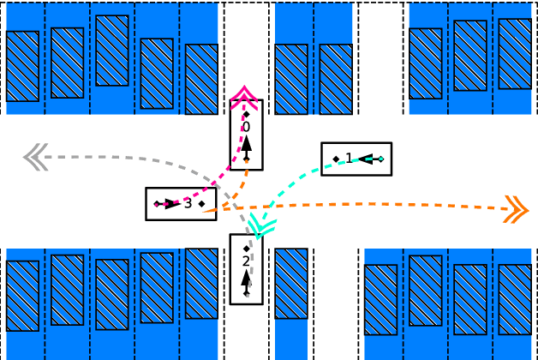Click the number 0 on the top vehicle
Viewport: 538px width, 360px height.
tap(246, 127)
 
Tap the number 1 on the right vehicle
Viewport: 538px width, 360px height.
tap(349, 157)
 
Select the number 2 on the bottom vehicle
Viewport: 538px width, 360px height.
tap(246, 261)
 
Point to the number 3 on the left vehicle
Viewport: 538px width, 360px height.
tap(188, 203)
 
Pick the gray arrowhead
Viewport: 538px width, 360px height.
tap(34, 157)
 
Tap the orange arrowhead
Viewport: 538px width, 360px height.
tap(516, 208)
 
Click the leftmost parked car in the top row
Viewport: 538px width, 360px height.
tap(22, 66)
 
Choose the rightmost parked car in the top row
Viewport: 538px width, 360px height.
tap(515, 53)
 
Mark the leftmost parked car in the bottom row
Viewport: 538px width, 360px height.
tap(22, 295)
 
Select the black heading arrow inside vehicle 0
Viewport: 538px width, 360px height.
tap(246, 146)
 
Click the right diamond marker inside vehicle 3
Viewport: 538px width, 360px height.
tap(201, 204)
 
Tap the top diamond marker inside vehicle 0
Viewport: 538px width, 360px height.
tap(246, 114)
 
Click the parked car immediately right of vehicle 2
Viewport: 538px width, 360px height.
tap(290, 283)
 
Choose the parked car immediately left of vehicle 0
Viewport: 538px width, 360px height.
tap(201, 79)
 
